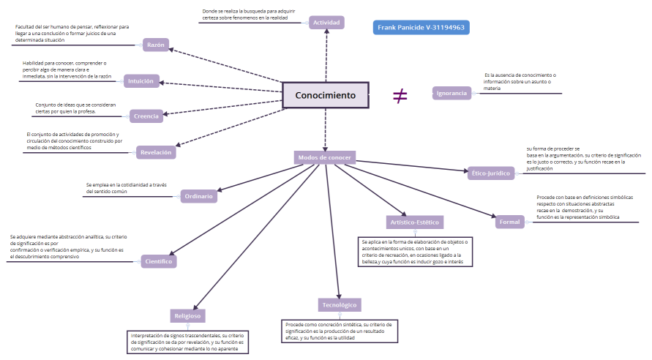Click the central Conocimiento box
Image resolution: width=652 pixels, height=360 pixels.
coord(325,95)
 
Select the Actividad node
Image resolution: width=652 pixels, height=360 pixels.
coord(326,23)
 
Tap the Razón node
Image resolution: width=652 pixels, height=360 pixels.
coord(156,45)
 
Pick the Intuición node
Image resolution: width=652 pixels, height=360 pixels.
coord(140,81)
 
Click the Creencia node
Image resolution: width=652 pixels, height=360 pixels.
coord(146,116)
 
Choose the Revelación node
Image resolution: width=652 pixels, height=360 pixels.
coord(156,152)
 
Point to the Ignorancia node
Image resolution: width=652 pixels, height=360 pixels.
coord(451,93)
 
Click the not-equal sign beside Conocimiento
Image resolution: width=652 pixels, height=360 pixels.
coord(400,95)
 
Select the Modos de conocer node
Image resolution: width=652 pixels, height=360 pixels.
coord(325,157)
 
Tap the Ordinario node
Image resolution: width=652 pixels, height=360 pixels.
coord(199,195)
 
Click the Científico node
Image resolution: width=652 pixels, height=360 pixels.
coord(158,260)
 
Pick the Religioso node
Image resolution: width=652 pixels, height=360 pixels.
coord(188,316)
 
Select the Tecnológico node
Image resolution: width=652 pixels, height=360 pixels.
coord(340,304)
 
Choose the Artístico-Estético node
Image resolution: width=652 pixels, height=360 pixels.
coord(414,222)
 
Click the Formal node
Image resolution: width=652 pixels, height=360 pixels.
coord(509,222)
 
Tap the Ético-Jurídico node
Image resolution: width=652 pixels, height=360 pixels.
coord(492,173)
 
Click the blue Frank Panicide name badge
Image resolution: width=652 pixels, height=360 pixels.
coord(421,28)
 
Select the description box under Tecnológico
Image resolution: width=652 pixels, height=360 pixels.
coord(340,331)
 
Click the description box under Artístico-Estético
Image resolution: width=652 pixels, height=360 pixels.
coord(416,252)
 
